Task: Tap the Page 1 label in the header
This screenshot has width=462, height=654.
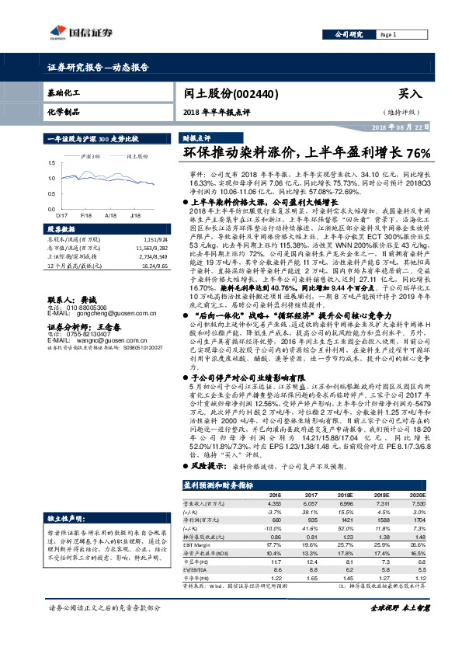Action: click(x=388, y=35)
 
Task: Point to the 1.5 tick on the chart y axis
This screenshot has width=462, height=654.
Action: click(x=51, y=163)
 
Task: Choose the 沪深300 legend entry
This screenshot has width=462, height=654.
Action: click(x=92, y=156)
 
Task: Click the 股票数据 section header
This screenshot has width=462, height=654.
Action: click(x=62, y=230)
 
